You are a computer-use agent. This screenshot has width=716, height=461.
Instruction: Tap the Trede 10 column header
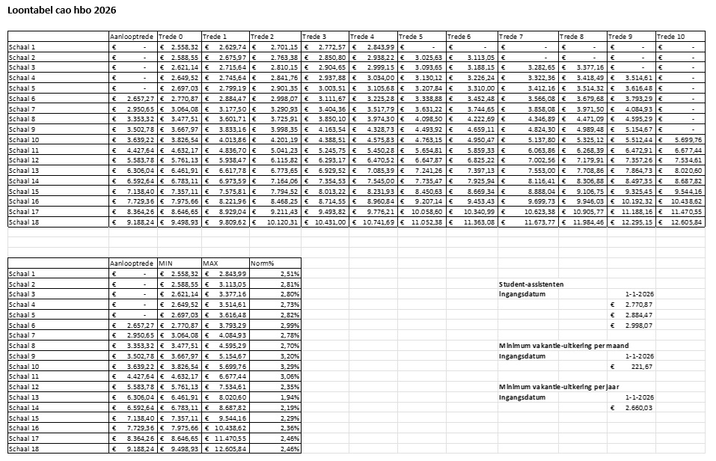(670, 37)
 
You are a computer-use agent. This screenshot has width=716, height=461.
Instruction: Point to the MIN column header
(167, 263)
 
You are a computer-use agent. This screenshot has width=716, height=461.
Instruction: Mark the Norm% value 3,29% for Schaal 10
(289, 367)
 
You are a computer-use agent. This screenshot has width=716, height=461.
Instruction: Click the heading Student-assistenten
(531, 284)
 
